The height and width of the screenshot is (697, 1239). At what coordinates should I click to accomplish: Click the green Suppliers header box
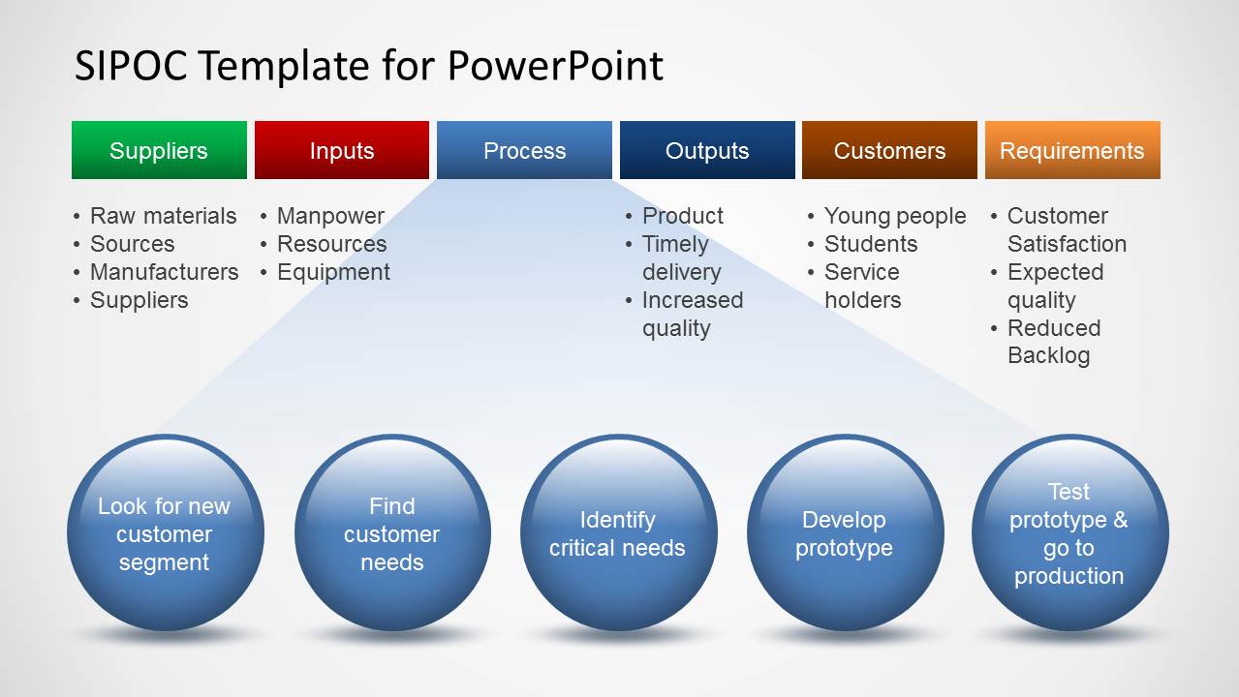(159, 150)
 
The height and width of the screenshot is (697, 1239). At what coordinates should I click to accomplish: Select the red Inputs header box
(341, 150)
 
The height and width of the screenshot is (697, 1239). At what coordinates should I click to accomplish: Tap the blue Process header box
(524, 150)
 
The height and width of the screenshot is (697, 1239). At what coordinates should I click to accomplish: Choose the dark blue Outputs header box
(707, 150)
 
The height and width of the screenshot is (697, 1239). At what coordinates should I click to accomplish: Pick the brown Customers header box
(889, 150)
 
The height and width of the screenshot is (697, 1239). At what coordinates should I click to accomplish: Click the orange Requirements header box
(1072, 150)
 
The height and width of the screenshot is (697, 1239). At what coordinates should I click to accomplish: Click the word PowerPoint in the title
(555, 67)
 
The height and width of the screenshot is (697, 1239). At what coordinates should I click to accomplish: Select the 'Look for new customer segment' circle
(165, 533)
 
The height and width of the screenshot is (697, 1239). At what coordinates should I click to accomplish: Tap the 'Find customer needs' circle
(392, 533)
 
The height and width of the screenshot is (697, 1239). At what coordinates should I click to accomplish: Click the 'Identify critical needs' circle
(618, 533)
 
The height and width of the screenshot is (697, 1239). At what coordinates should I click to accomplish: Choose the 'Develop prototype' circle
(845, 533)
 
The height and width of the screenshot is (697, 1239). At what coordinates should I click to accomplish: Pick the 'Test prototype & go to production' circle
(1069, 533)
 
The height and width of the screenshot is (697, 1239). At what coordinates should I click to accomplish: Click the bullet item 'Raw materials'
(163, 216)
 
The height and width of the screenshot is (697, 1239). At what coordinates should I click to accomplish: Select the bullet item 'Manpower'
(330, 216)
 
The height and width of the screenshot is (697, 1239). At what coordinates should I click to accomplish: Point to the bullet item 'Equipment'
(333, 272)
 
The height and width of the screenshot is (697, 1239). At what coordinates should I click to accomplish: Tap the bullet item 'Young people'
(894, 216)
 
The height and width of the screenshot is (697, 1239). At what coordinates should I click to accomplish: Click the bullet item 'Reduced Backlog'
(1053, 342)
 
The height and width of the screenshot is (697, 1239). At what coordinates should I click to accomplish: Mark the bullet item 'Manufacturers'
(164, 272)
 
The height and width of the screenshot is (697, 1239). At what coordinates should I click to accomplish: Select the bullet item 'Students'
(870, 244)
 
